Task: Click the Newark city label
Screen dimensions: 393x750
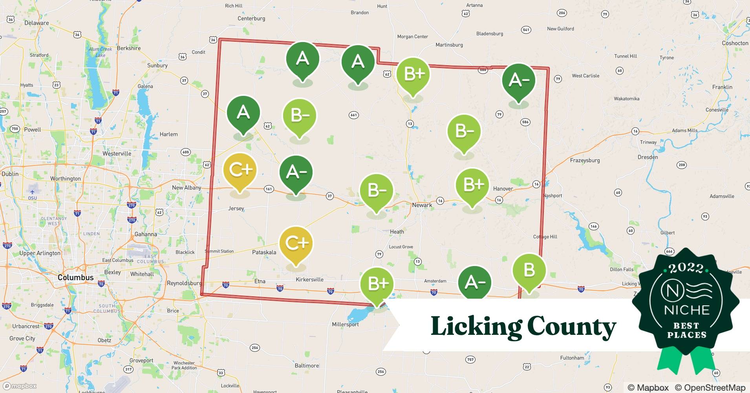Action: (x=422, y=205)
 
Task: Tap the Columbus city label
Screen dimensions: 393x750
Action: (x=75, y=277)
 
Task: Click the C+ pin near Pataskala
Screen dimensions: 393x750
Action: (x=296, y=244)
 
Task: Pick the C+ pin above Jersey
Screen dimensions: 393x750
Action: (x=240, y=170)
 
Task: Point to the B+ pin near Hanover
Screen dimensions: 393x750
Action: (x=472, y=185)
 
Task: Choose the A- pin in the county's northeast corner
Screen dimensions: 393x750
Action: (x=519, y=81)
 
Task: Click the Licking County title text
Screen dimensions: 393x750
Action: (x=523, y=326)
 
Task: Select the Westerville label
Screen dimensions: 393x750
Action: (x=117, y=153)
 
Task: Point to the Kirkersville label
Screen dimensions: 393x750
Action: (x=309, y=280)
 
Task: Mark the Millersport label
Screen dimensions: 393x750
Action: (x=345, y=325)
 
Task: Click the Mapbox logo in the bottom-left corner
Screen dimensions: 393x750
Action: (x=20, y=386)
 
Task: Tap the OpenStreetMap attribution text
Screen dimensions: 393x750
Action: (x=710, y=387)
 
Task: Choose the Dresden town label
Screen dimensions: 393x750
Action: (x=648, y=157)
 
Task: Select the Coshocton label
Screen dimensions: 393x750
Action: (x=735, y=43)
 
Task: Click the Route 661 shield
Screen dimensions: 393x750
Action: (x=353, y=115)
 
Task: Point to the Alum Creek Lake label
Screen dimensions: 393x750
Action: (x=101, y=52)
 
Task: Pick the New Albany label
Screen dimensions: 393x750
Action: (x=187, y=187)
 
